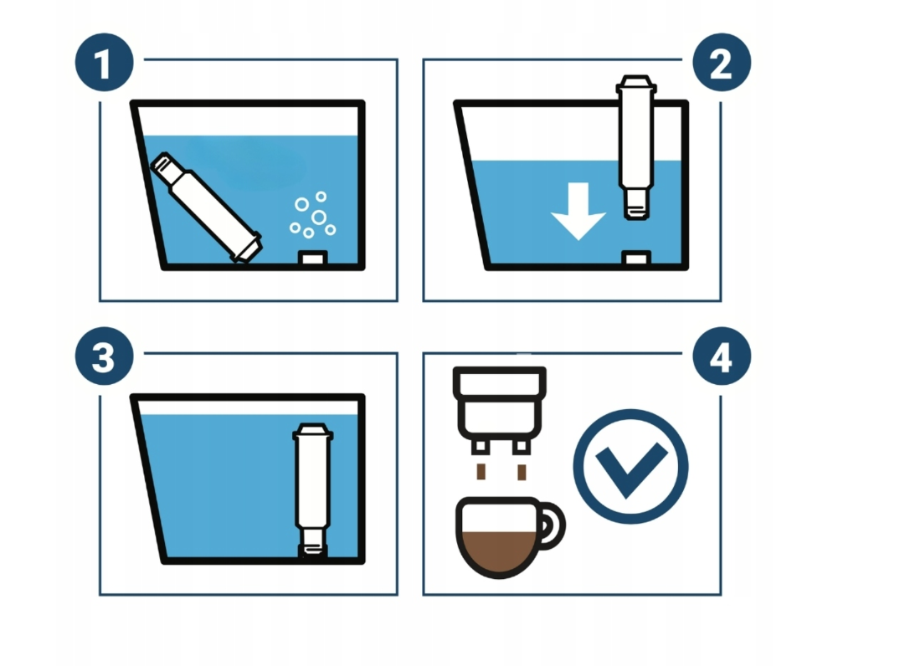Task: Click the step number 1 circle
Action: point(105,63)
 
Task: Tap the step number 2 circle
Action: point(722,63)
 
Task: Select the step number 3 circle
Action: point(105,356)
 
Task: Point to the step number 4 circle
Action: point(722,356)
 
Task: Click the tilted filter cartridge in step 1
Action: point(206,208)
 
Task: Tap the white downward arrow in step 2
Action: point(578,211)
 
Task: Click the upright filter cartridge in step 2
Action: point(636,147)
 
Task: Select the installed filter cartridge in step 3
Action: point(313,489)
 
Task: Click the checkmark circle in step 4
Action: point(631,467)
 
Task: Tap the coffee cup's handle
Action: point(554,525)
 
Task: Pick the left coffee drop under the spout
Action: point(481,472)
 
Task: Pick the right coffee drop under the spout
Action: point(522,472)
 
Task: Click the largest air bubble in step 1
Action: point(319,218)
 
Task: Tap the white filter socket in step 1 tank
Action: point(313,257)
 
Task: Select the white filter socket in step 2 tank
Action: point(636,257)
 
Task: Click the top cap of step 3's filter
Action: point(313,431)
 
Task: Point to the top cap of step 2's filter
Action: point(636,84)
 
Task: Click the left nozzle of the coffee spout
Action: point(480,448)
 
